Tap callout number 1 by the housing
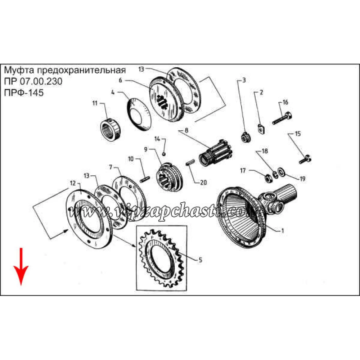coord(283,231)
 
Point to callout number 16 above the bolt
coord(285,102)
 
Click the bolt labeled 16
coord(283,118)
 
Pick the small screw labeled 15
coord(305,159)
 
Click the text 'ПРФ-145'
coord(24,93)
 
